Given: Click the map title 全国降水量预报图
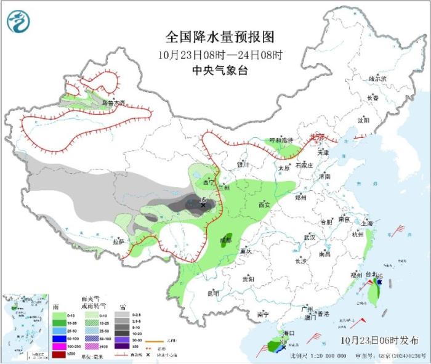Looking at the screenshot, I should point(220,36).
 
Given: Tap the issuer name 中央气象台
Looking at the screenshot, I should point(220,70).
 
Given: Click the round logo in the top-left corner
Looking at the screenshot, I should point(18,22).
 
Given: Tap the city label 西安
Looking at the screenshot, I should point(264,204).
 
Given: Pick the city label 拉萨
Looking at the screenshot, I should point(119,242).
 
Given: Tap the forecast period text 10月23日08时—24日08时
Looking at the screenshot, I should point(220,54).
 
